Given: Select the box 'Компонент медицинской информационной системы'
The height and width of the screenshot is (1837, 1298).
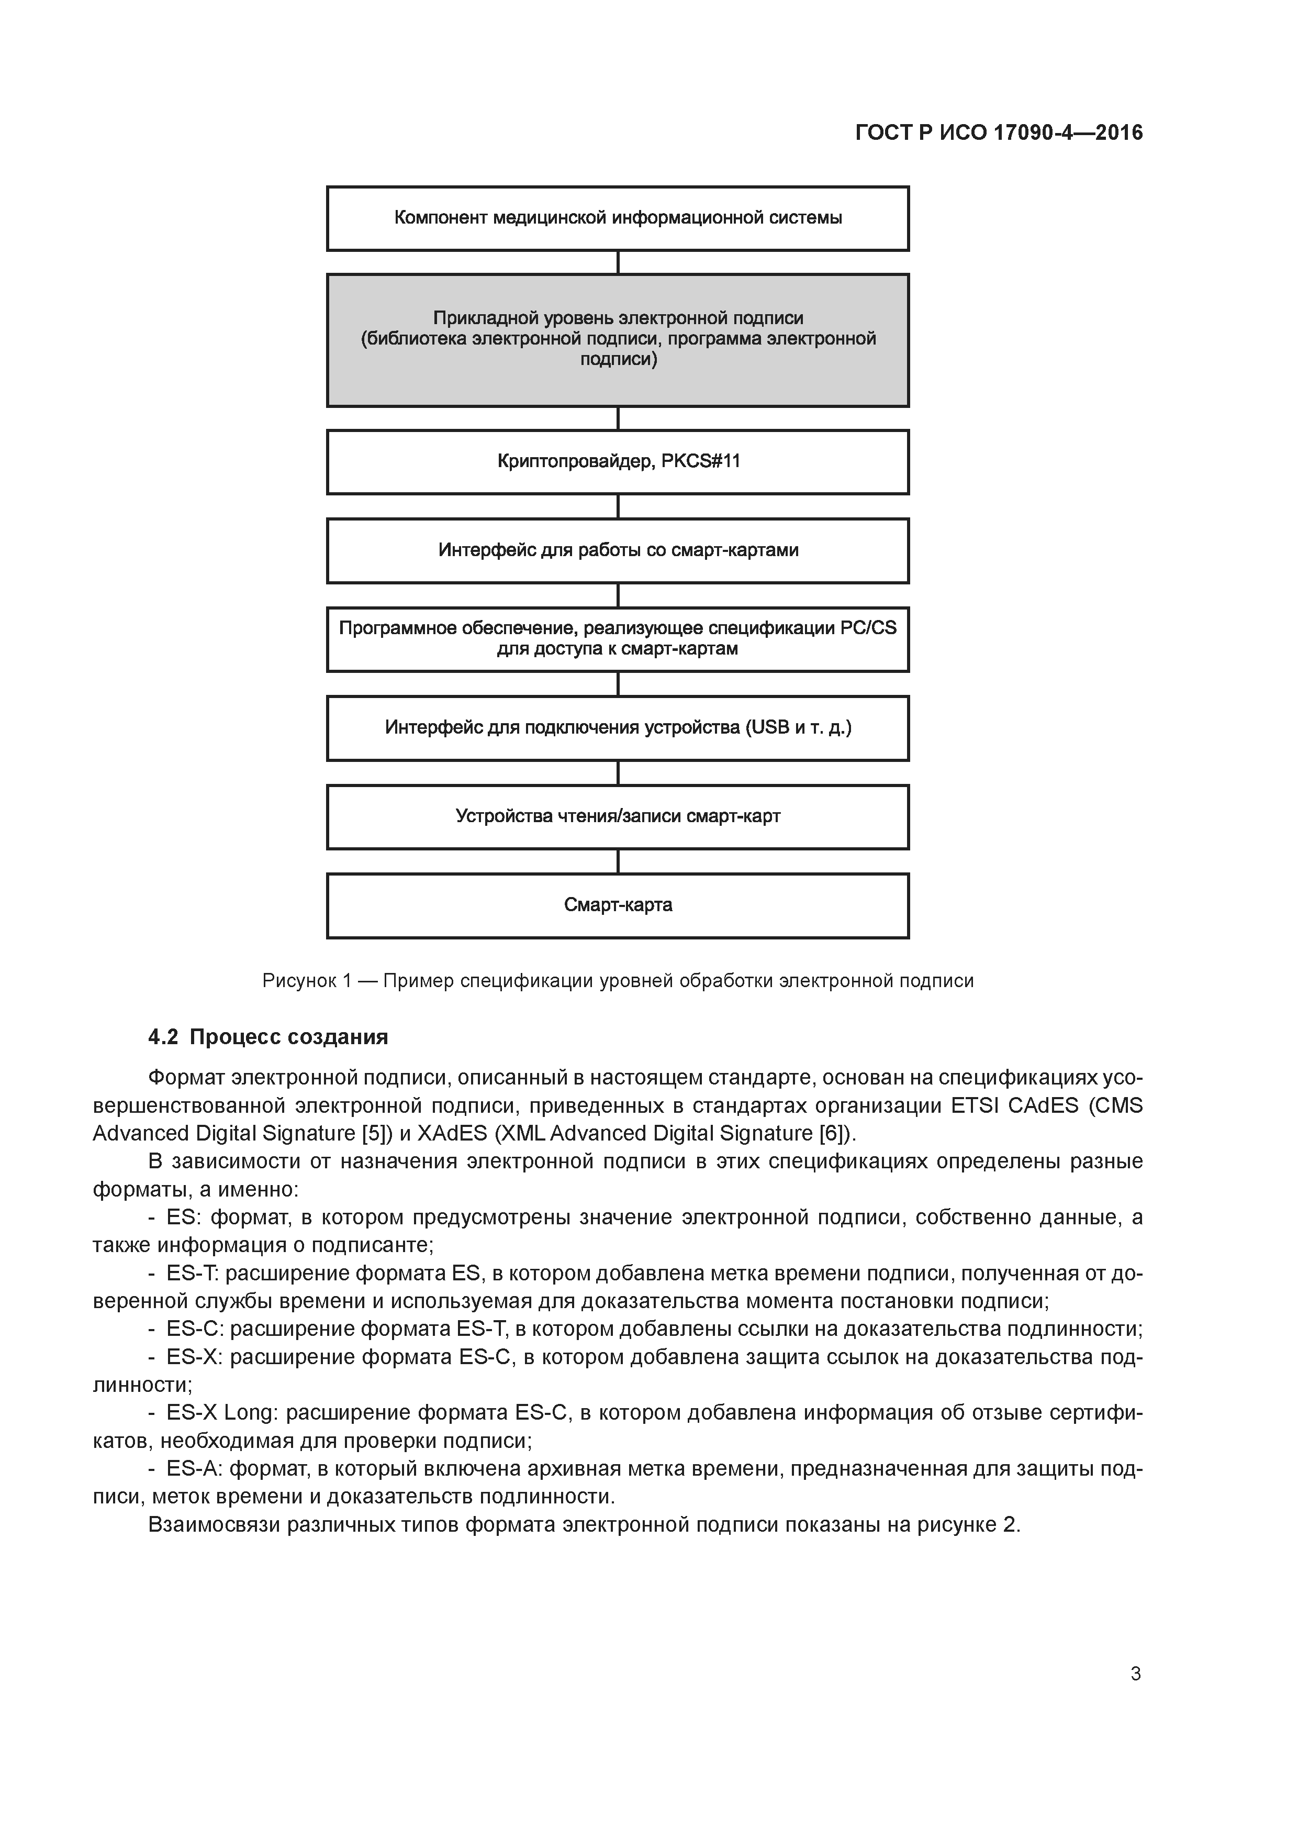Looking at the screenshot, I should (x=618, y=218).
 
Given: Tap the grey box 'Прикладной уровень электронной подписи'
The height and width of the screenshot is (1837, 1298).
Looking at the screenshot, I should (x=618, y=340).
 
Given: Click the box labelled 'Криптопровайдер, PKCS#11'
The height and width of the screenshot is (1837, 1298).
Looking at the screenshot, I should (x=618, y=462).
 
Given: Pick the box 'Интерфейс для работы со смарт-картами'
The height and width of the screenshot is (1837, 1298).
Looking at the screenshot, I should (x=618, y=550).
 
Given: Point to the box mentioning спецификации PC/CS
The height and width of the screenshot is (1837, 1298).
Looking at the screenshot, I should (x=618, y=639).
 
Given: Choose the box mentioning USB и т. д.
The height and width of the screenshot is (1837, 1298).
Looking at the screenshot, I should (x=618, y=728).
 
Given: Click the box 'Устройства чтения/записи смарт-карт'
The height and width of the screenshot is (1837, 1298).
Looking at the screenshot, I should (x=618, y=817).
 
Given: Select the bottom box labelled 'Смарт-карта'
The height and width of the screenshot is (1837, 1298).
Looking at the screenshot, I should (x=618, y=906).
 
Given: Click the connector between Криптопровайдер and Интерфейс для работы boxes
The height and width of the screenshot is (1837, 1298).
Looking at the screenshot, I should (x=618, y=506).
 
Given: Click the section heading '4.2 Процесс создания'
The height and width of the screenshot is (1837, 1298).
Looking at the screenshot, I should (x=268, y=1038).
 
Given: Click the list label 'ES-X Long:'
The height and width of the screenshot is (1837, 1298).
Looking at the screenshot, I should (x=221, y=1413).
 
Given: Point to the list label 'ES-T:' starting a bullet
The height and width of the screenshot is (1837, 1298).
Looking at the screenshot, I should (x=193, y=1273).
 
